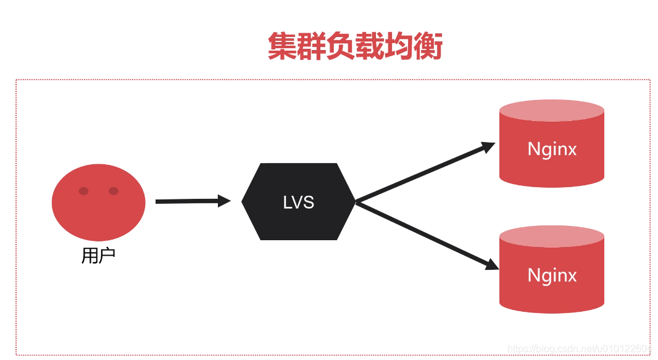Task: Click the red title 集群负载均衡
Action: point(355,46)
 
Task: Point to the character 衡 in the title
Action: point(428,46)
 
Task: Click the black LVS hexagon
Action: point(299,201)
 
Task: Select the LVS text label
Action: point(299,202)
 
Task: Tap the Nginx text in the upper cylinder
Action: point(552,149)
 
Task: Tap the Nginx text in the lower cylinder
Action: point(552,275)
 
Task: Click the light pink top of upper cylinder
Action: point(551,111)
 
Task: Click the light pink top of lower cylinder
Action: point(551,237)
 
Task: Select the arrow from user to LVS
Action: point(188,201)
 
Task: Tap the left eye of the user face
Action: point(84,191)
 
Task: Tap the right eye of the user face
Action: point(114,191)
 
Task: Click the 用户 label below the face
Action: point(98,256)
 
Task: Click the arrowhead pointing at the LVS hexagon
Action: point(224,201)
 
